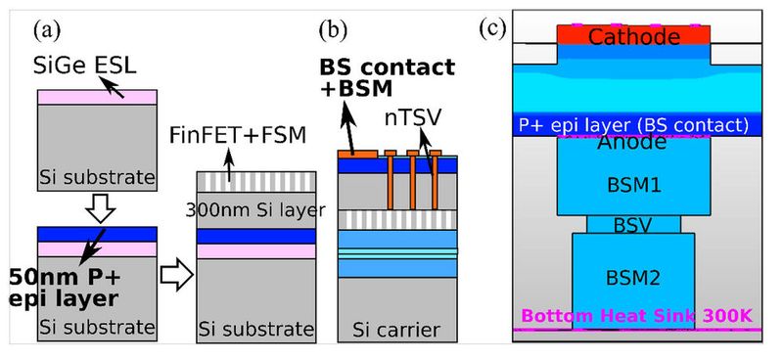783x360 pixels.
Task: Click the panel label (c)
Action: click(492, 27)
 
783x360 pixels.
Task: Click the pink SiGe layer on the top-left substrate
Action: click(96, 97)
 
